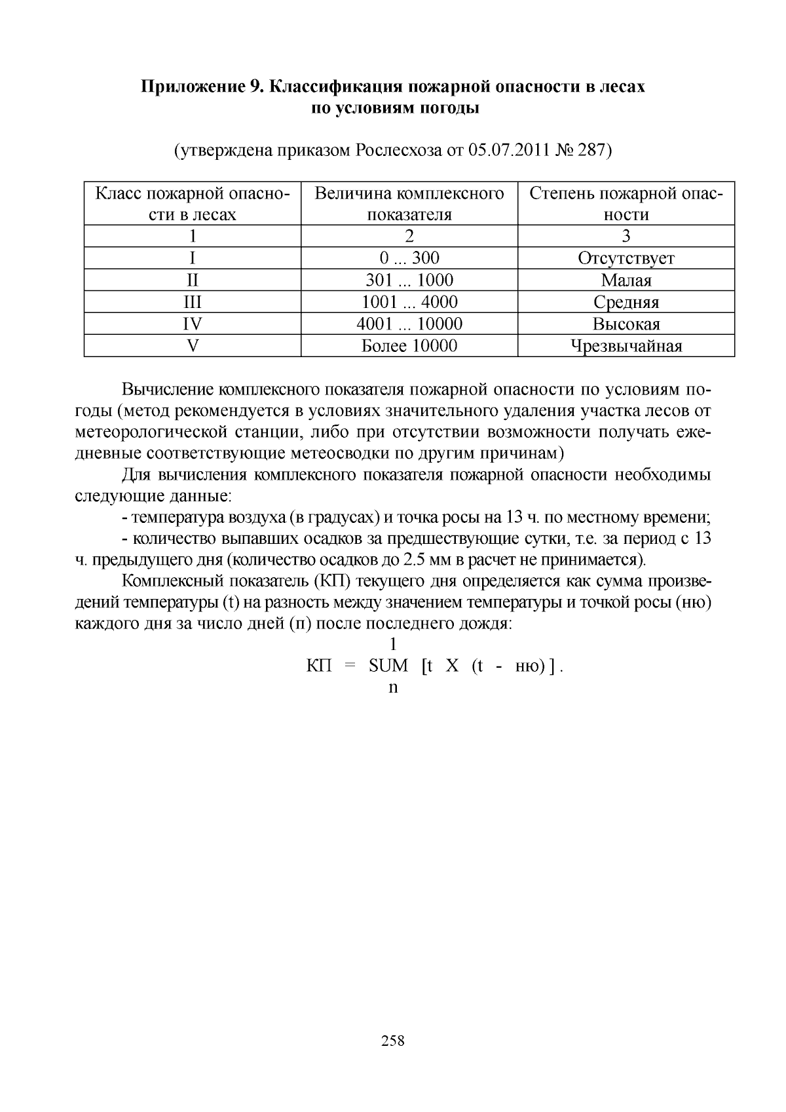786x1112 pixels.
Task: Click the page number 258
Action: point(393,1040)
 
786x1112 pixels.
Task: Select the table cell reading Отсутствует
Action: point(626,258)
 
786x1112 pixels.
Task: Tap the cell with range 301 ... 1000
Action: point(409,280)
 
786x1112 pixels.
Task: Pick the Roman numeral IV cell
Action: point(193,324)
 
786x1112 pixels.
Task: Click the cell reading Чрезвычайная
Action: point(626,346)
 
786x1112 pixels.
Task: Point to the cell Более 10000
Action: point(409,346)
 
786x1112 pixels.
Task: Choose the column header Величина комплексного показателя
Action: point(409,204)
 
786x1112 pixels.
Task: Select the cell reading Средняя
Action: point(626,302)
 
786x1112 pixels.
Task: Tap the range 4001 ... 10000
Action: point(409,324)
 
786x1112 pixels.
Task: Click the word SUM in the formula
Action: point(388,666)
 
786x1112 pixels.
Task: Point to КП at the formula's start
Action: point(320,666)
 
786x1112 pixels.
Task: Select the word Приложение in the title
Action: point(193,86)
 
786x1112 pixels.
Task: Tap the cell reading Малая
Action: point(626,280)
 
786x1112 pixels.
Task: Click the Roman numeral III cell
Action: point(193,302)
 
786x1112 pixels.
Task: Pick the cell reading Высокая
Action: point(626,324)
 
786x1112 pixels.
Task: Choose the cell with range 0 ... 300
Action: point(409,258)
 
